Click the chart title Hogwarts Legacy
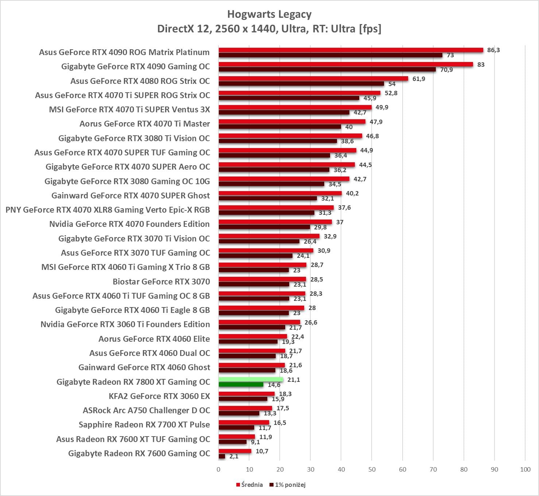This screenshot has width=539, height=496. (269, 14)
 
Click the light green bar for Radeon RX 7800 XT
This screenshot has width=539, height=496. (251, 380)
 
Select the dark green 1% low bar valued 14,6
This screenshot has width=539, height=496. (241, 385)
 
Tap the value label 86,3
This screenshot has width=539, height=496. (493, 50)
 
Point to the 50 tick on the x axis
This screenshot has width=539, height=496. (372, 469)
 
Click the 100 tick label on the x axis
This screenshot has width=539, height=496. (525, 469)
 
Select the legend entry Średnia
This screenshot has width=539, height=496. (250, 485)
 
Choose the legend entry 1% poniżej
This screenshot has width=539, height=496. (288, 485)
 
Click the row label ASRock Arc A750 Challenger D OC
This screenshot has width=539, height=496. (146, 410)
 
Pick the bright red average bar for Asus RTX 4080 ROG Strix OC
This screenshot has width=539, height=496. (313, 79)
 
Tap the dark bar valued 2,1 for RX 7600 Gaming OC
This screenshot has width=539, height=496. (222, 456)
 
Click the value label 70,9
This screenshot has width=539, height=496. (446, 70)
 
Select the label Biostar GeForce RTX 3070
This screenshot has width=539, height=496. (161, 282)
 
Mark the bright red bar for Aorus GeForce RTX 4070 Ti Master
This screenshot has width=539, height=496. (292, 122)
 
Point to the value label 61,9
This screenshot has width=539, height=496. (419, 79)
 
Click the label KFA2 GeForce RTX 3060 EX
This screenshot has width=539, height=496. (159, 396)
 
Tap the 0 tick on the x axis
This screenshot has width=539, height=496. (218, 469)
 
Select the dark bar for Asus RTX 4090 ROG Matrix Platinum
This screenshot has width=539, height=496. (330, 55)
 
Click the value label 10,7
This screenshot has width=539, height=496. (262, 451)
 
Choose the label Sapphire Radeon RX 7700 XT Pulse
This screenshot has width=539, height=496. (144, 425)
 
